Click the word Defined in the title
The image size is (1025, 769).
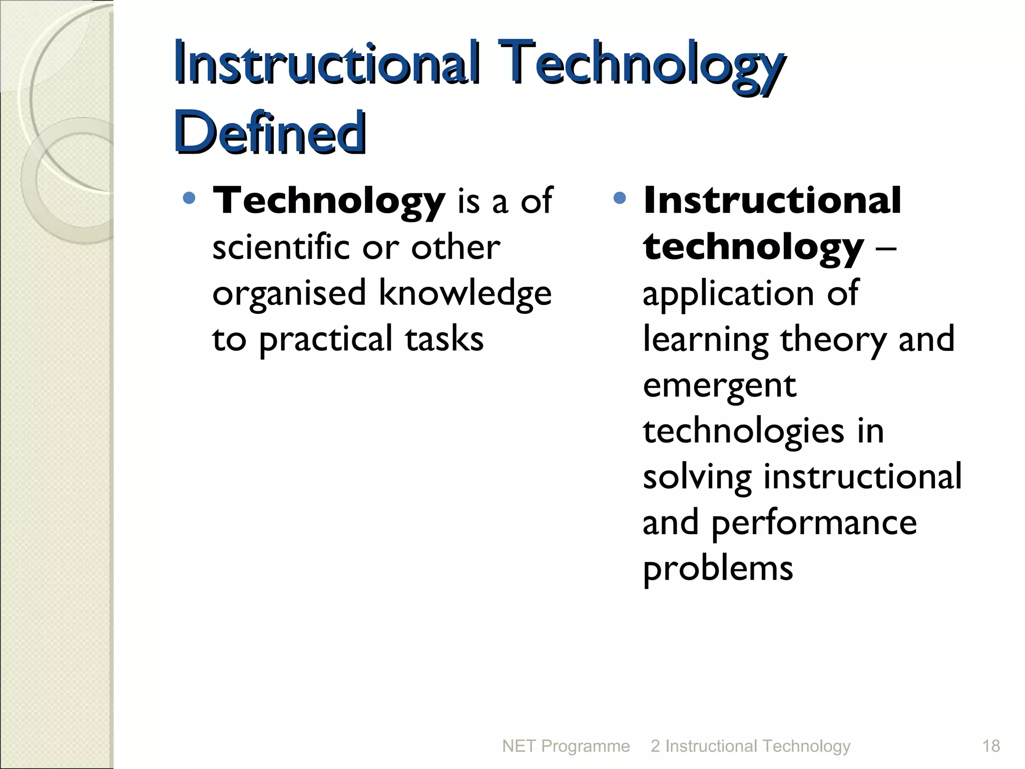click(x=270, y=132)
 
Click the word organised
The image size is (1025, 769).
click(x=289, y=294)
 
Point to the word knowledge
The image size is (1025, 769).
click(x=465, y=293)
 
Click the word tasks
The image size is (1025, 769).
click(x=444, y=339)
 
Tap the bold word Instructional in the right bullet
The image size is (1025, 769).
click(x=772, y=200)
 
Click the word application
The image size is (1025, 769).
click(x=728, y=294)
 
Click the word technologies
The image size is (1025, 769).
click(x=743, y=432)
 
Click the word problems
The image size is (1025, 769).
click(x=718, y=570)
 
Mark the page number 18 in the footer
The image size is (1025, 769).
click(x=991, y=746)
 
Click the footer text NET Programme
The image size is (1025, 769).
click(x=566, y=746)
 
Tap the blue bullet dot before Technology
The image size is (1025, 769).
click(x=189, y=198)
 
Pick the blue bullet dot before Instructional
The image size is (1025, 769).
click(x=620, y=198)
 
